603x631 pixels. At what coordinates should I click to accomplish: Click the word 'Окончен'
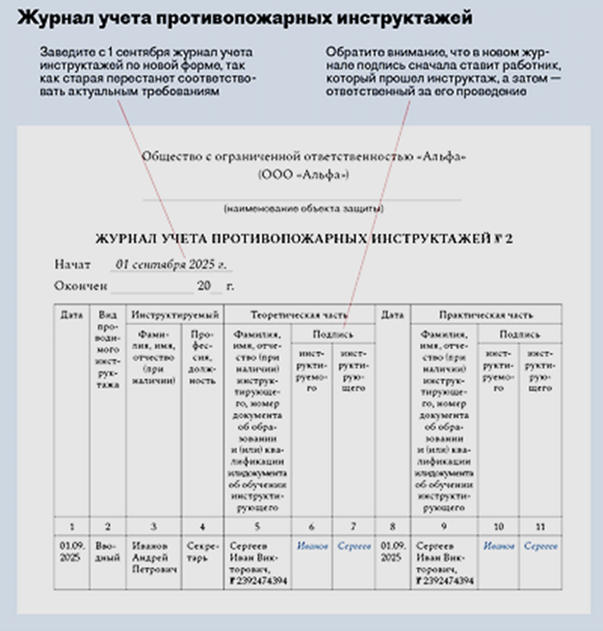coord(81,286)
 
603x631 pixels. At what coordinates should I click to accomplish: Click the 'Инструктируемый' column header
coord(175,315)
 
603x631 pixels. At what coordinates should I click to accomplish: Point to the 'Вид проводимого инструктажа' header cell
coord(108,352)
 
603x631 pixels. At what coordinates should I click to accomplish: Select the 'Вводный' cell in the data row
coord(108,551)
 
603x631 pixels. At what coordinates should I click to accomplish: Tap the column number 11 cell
coord(541,526)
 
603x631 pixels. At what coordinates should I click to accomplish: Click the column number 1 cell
coord(71,526)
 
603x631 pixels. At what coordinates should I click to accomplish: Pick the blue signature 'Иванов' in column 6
coord(314,546)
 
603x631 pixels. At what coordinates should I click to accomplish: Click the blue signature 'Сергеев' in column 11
coord(541,546)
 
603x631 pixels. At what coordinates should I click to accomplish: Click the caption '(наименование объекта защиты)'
coord(301,207)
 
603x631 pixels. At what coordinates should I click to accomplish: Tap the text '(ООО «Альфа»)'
coord(301,173)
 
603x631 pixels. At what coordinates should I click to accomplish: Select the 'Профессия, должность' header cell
coord(202,356)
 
